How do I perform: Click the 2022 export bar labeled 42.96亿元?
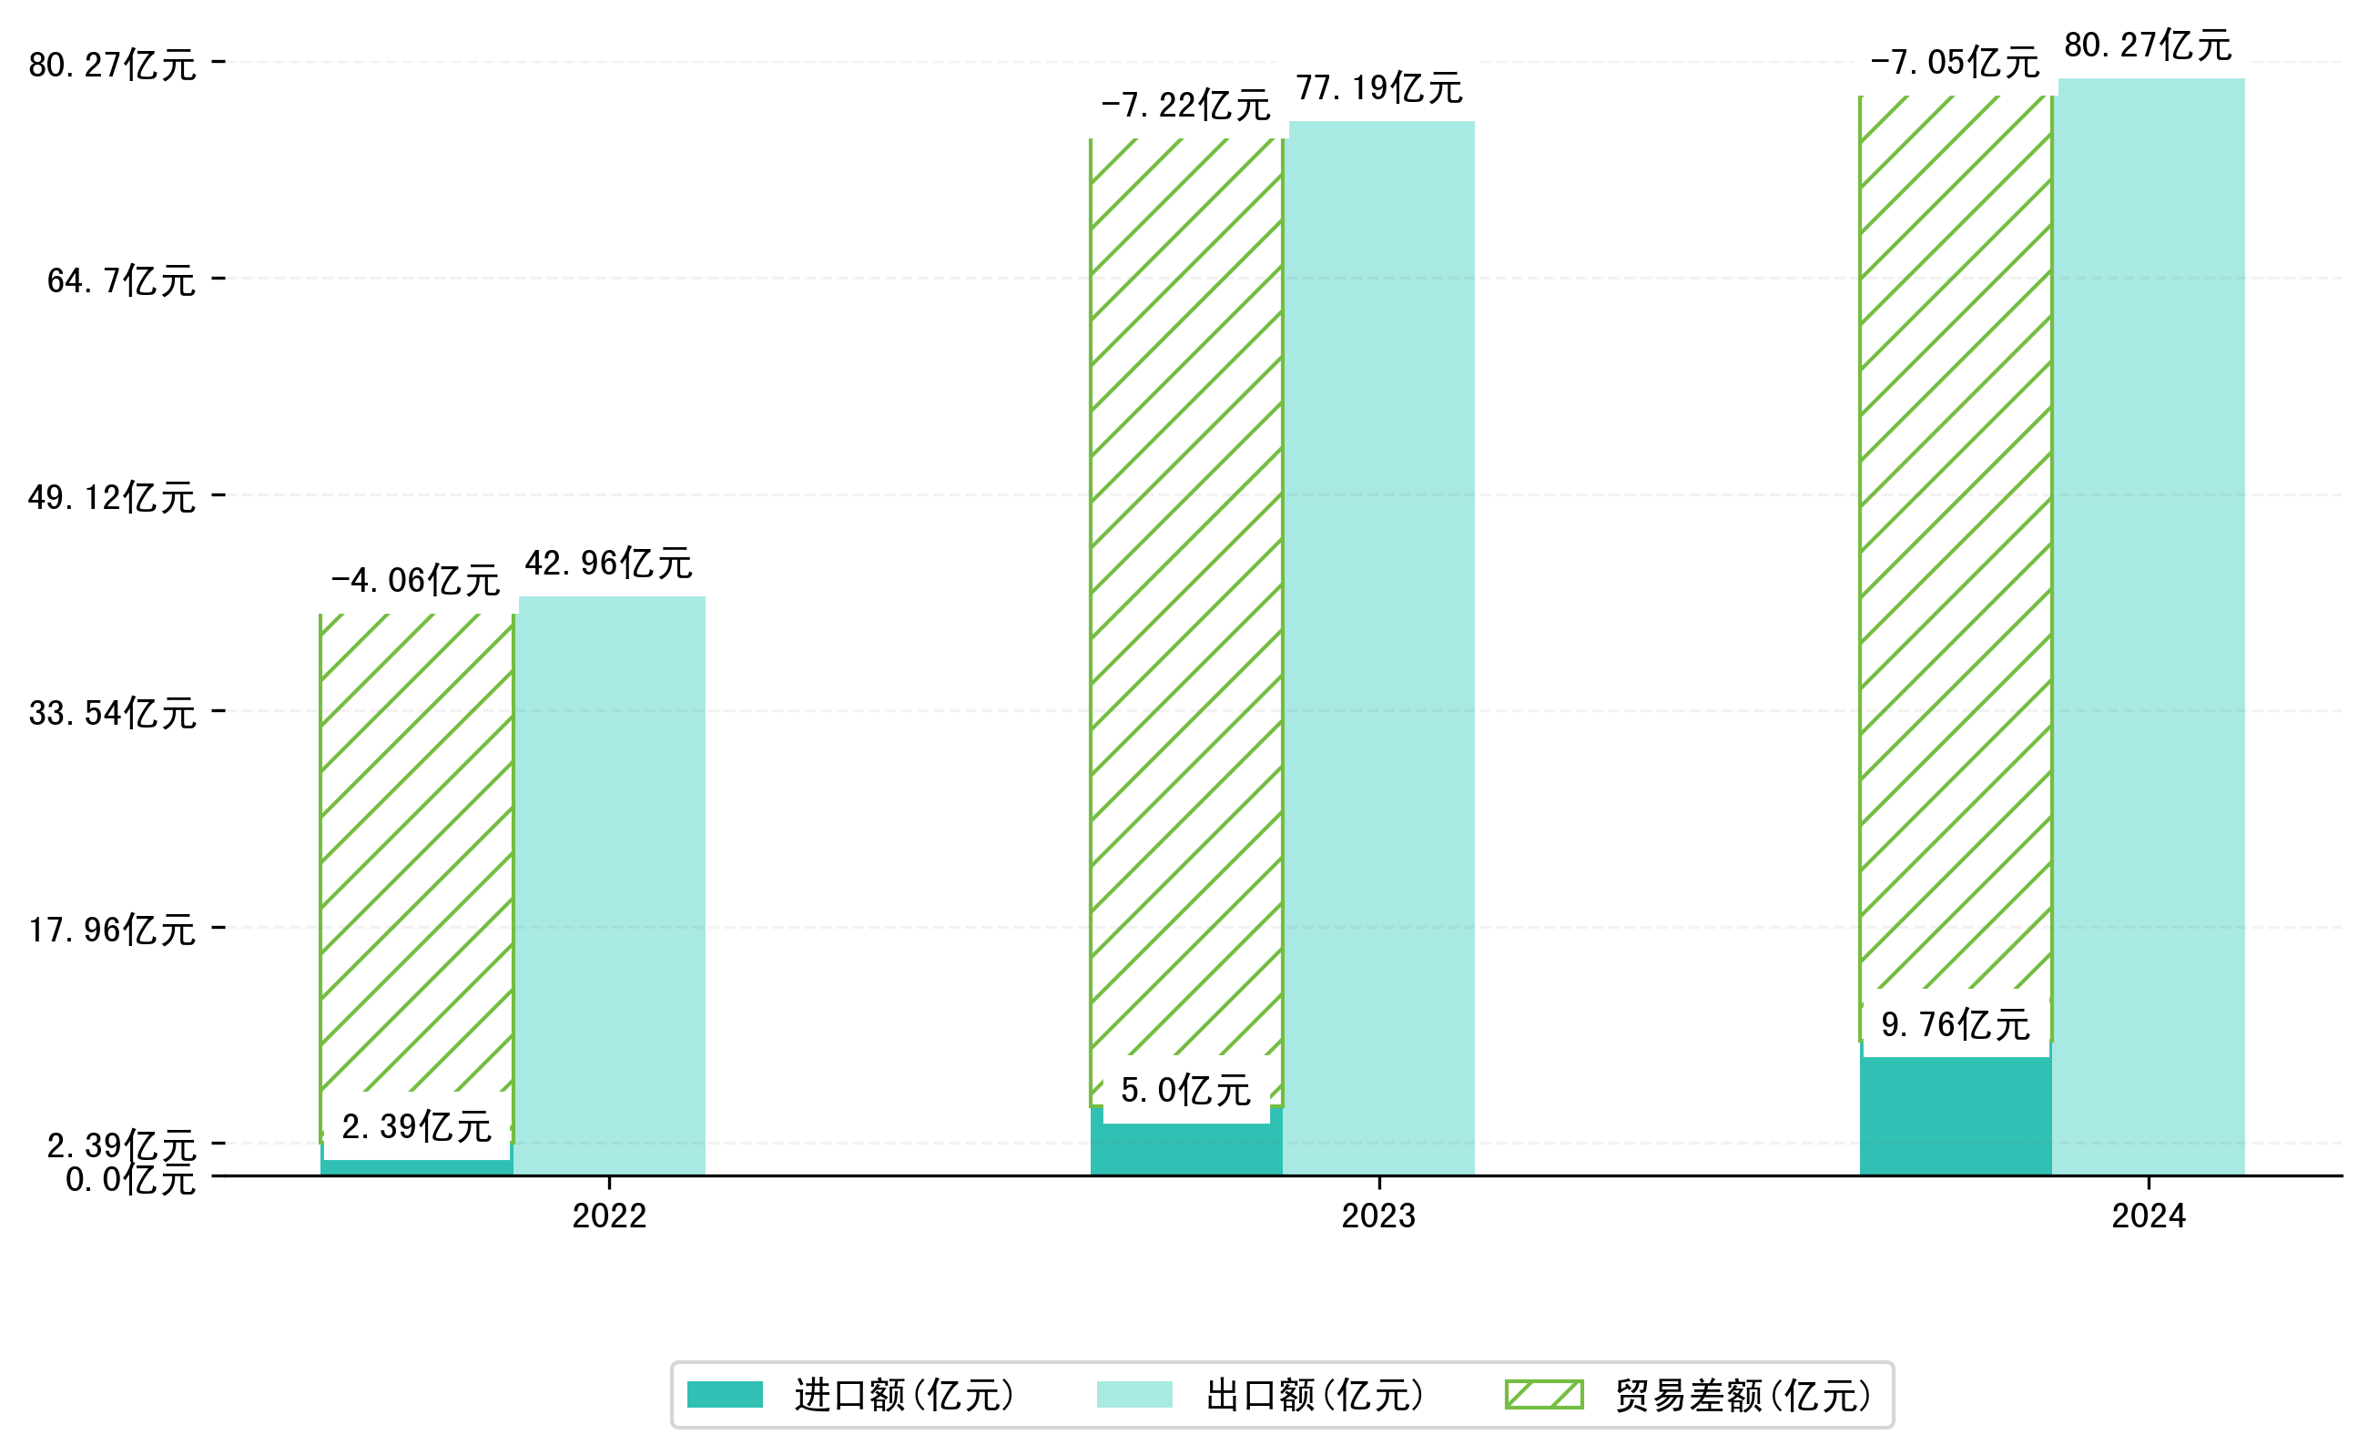[612, 885]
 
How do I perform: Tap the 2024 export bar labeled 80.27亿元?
[2151, 626]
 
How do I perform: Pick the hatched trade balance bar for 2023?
[1186, 596]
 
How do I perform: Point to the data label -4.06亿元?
[416, 580]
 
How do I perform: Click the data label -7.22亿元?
[1185, 105]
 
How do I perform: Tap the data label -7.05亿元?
[1955, 63]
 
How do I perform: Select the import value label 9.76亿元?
[1956, 1025]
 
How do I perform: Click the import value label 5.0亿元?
[1185, 1090]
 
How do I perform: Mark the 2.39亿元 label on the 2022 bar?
[417, 1126]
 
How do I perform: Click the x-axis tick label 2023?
[1379, 1216]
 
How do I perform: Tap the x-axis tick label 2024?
[2149, 1216]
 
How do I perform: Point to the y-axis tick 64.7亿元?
[121, 281]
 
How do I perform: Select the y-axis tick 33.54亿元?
[113, 713]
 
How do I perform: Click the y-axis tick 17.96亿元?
[113, 930]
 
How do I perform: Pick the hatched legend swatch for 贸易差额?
[1543, 1394]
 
